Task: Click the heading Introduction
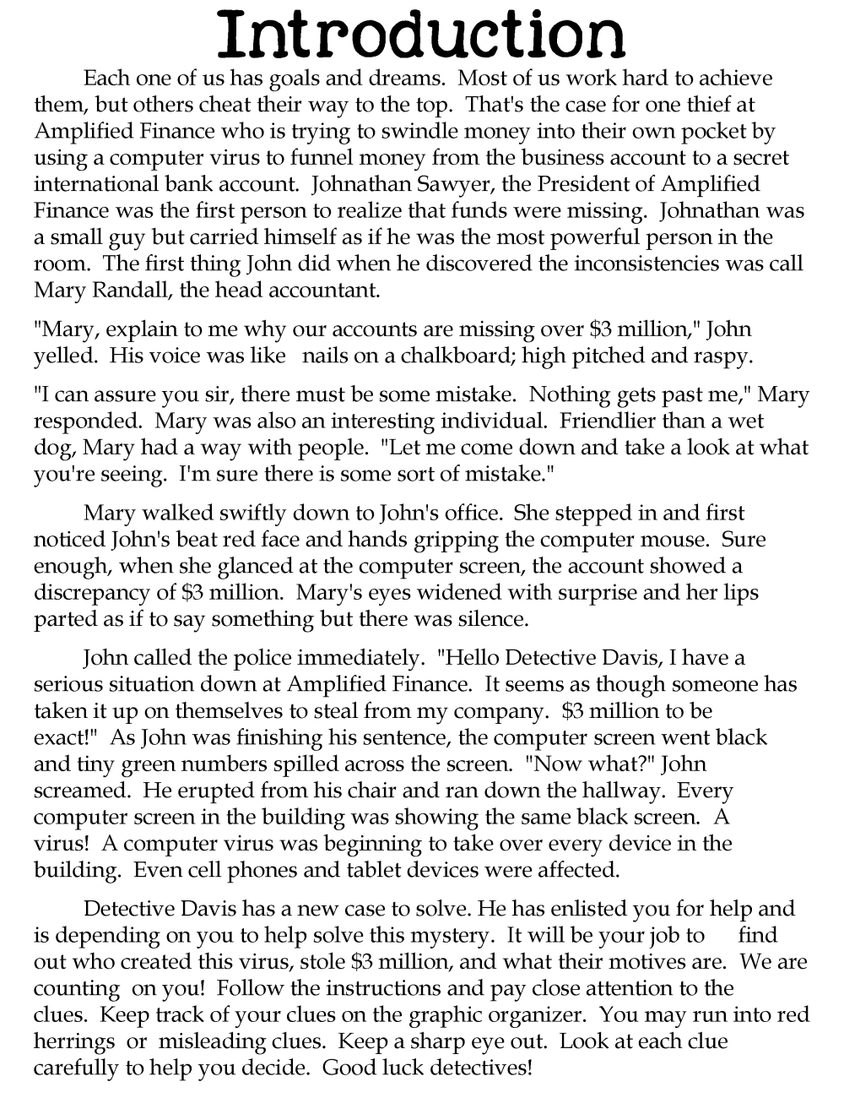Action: coord(422,35)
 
